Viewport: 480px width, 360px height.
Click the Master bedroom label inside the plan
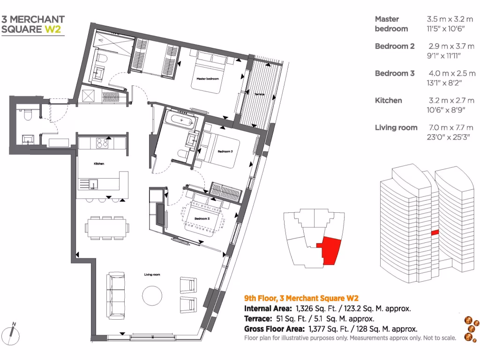tap(208, 79)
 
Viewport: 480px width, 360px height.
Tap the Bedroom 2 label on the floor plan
tap(225, 151)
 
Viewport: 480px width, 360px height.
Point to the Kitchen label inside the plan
tap(98, 164)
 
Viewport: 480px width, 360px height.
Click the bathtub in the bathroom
tap(180, 120)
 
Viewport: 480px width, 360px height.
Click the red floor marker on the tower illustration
tap(435, 232)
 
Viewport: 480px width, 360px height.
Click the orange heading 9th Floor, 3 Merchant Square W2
tap(302, 298)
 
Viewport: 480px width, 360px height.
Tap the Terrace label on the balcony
tap(259, 94)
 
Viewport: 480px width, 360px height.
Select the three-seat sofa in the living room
tap(116, 293)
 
